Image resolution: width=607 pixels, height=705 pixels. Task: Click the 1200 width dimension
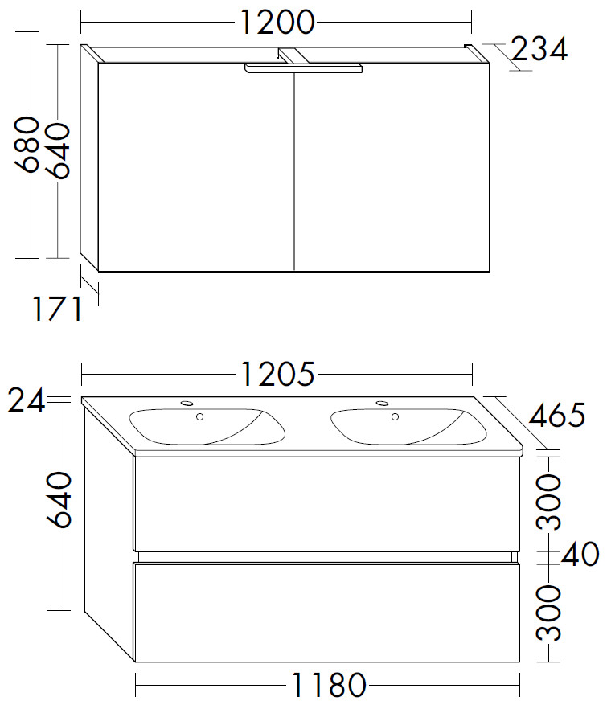(277, 22)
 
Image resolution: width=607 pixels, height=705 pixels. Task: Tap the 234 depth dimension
(539, 49)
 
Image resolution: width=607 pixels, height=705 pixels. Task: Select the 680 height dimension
(26, 144)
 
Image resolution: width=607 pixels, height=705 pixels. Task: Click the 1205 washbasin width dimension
(278, 374)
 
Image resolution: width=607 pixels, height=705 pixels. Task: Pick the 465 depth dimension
(557, 415)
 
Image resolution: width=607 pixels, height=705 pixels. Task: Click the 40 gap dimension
(580, 554)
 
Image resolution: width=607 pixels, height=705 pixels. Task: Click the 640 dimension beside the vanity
(59, 499)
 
